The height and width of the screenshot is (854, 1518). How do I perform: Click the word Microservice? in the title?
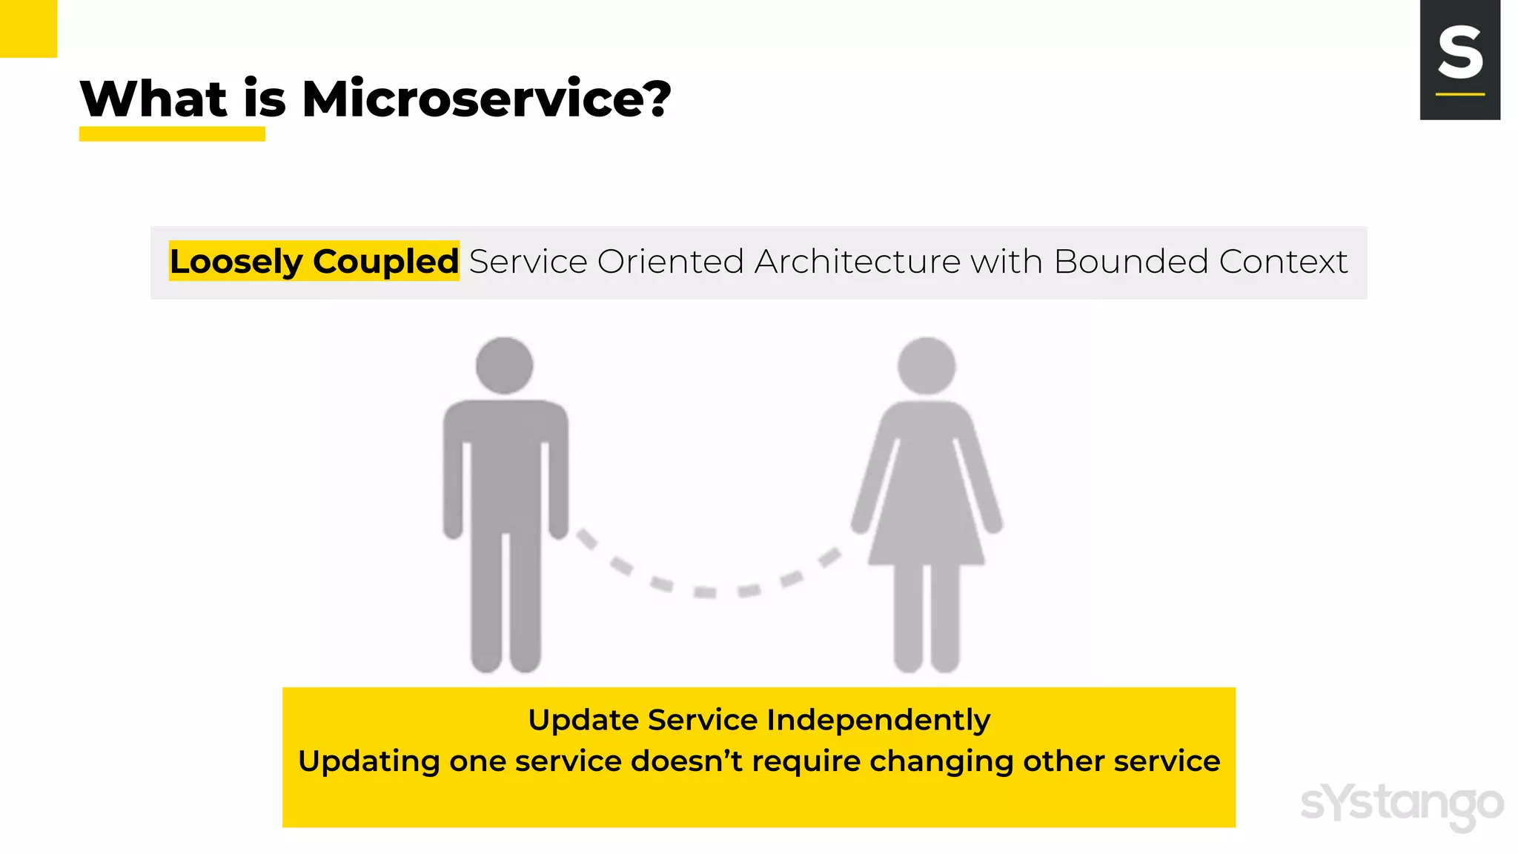tap(486, 99)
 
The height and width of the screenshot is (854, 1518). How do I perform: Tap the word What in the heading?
tap(153, 99)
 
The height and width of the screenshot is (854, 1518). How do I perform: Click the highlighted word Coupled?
tap(385, 262)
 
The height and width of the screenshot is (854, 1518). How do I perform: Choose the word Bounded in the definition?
tap(1131, 262)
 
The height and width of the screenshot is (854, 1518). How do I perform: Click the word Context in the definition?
tap(1283, 262)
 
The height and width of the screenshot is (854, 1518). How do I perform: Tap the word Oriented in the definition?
tap(670, 262)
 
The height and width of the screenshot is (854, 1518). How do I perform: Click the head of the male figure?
tap(505, 365)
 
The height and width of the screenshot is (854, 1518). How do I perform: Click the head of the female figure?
tap(927, 365)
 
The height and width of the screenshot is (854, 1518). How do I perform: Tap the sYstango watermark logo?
tap(1402, 805)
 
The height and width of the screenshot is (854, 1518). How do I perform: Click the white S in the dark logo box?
tap(1460, 53)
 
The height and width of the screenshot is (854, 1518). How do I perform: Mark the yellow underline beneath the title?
tap(172, 134)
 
